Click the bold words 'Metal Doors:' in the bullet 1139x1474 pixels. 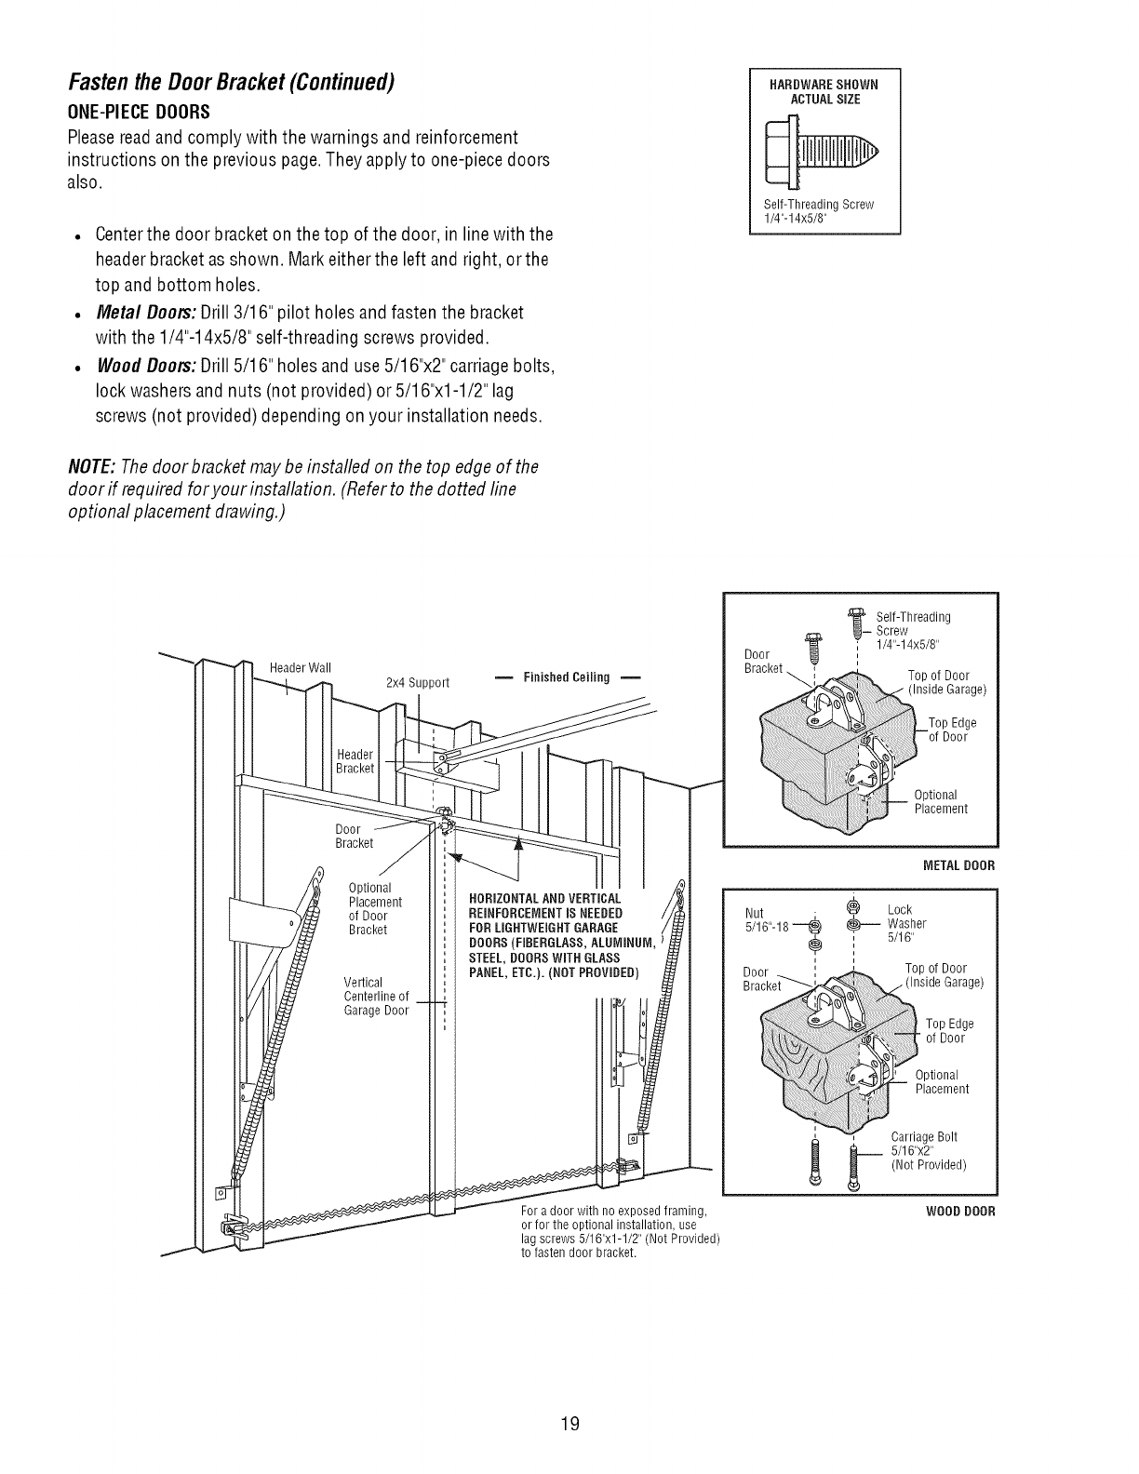click(142, 310)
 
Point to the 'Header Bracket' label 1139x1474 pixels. click(355, 760)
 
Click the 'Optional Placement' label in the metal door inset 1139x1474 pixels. click(941, 802)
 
